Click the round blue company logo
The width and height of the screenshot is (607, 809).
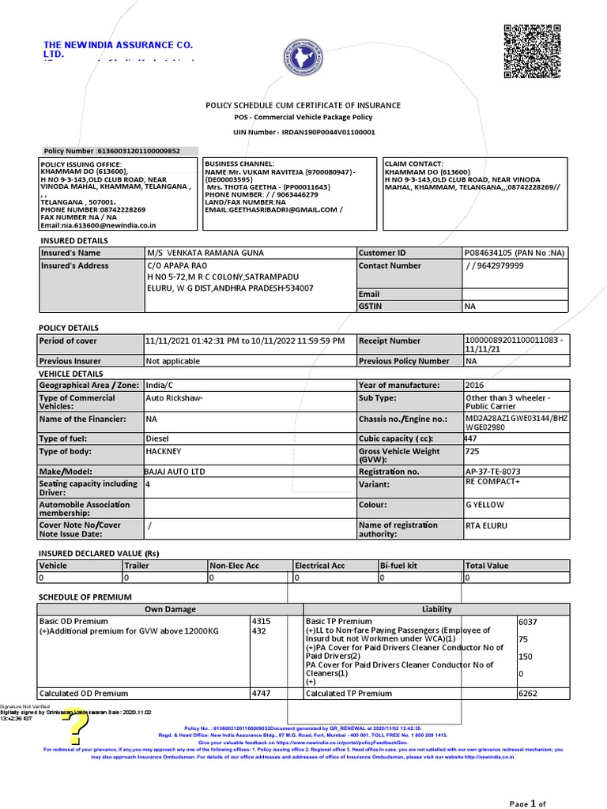pyautogui.click(x=303, y=60)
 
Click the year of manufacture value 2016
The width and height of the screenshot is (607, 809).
pyautogui.click(x=476, y=385)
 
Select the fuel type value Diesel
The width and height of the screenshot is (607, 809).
pyautogui.click(x=158, y=438)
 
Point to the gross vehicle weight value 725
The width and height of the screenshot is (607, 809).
pyautogui.click(x=473, y=451)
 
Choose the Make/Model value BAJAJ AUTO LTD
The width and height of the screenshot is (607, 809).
pyautogui.click(x=174, y=471)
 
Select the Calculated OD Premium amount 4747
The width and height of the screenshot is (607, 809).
pyautogui.click(x=261, y=693)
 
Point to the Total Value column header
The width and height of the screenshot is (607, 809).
pyautogui.click(x=487, y=566)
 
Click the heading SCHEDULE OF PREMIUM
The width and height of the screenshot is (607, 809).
pyautogui.click(x=85, y=596)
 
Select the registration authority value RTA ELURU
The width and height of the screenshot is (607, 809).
pyautogui.click(x=487, y=525)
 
